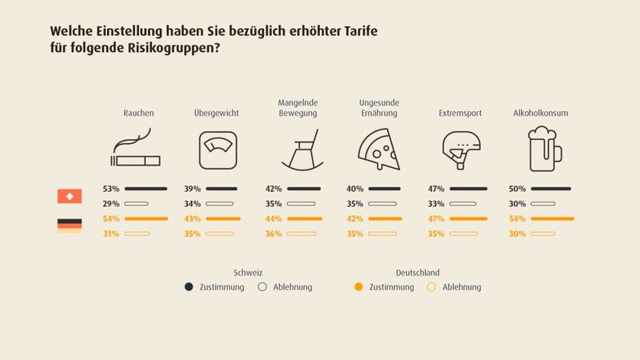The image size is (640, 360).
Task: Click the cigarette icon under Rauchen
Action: (x=136, y=151)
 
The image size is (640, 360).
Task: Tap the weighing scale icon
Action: (x=218, y=150)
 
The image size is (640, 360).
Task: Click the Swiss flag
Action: (x=70, y=196)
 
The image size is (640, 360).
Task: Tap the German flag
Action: (x=70, y=226)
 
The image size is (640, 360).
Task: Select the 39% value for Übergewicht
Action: (x=192, y=189)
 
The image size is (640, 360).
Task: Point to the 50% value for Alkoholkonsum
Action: (x=518, y=189)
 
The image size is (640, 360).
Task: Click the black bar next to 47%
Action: (x=468, y=189)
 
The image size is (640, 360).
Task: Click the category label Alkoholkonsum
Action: (x=540, y=114)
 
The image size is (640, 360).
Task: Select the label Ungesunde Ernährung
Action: (x=378, y=108)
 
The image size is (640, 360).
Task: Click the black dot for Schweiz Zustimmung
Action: (x=189, y=286)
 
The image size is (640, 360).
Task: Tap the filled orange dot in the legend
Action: (x=358, y=286)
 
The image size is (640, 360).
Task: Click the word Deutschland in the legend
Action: (x=417, y=272)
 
